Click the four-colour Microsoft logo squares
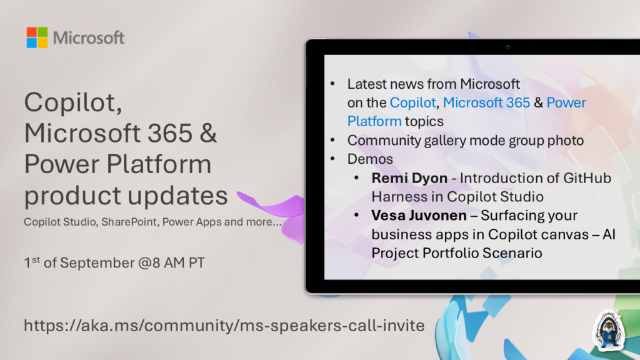[37, 37]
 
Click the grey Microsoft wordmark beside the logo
[89, 38]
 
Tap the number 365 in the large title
[170, 133]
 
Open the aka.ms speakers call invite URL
[224, 326]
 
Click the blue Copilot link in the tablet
[412, 103]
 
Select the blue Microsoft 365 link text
[486, 102]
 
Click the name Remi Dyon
[409, 178]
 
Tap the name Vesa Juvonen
[419, 216]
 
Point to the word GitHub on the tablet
[587, 178]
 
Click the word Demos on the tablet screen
[370, 159]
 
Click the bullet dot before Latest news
[332, 84]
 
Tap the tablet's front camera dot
[507, 47]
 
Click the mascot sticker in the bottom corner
[609, 331]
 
